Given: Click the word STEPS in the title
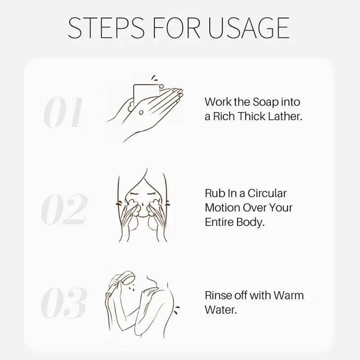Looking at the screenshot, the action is click(106, 28).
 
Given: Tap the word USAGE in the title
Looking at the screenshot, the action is click(249, 28).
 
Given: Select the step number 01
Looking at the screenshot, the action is click(63, 112).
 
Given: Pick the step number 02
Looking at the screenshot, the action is click(64, 209).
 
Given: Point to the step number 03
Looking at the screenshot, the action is click(64, 303).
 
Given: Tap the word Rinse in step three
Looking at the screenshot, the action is click(218, 295).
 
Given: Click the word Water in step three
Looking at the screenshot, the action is click(220, 310).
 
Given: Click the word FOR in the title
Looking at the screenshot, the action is click(176, 28).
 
